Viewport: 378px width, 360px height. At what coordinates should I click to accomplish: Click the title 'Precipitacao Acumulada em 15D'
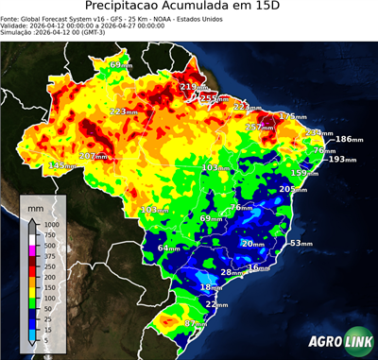pyautogui.click(x=188, y=9)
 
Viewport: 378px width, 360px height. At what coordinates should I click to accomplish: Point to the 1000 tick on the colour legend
pyautogui.click(x=52, y=224)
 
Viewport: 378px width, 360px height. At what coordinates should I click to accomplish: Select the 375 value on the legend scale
pyautogui.click(x=52, y=257)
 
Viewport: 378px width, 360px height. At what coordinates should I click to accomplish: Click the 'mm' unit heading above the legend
pyautogui.click(x=35, y=205)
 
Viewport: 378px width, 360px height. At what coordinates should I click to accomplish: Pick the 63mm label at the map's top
pyautogui.click(x=120, y=64)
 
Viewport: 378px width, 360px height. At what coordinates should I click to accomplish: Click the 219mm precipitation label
pyautogui.click(x=195, y=87)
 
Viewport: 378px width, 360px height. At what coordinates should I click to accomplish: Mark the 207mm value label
pyautogui.click(x=94, y=156)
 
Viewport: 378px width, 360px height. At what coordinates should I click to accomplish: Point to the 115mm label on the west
pyautogui.click(x=62, y=165)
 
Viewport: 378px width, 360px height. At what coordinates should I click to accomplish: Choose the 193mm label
pyautogui.click(x=342, y=159)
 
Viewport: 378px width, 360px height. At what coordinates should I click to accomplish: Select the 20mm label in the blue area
pyautogui.click(x=252, y=244)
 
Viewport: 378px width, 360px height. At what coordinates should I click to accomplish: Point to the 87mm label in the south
pyautogui.click(x=195, y=324)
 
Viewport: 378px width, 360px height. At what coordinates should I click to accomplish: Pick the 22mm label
pyautogui.click(x=217, y=305)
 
